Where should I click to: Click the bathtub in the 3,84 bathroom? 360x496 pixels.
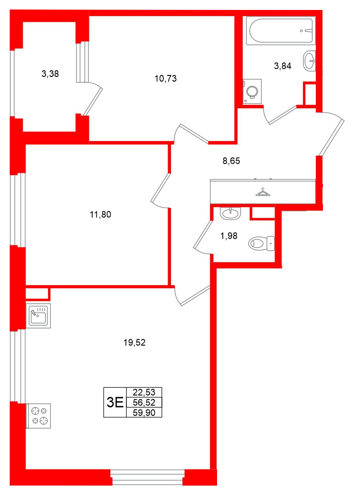coord(281,31)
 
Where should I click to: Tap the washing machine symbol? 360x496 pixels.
coord(252,91)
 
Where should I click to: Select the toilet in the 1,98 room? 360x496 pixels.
coord(262,243)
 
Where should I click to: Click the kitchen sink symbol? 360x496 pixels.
coord(38,315)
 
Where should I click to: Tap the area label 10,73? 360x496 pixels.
coord(165,79)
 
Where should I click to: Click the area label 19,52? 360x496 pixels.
coord(134,342)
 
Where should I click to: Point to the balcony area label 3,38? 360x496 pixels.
coord(50,74)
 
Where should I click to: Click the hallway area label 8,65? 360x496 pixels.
coord(231,161)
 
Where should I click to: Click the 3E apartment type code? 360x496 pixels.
coord(115,403)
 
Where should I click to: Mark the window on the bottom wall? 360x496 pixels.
coord(147,477)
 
